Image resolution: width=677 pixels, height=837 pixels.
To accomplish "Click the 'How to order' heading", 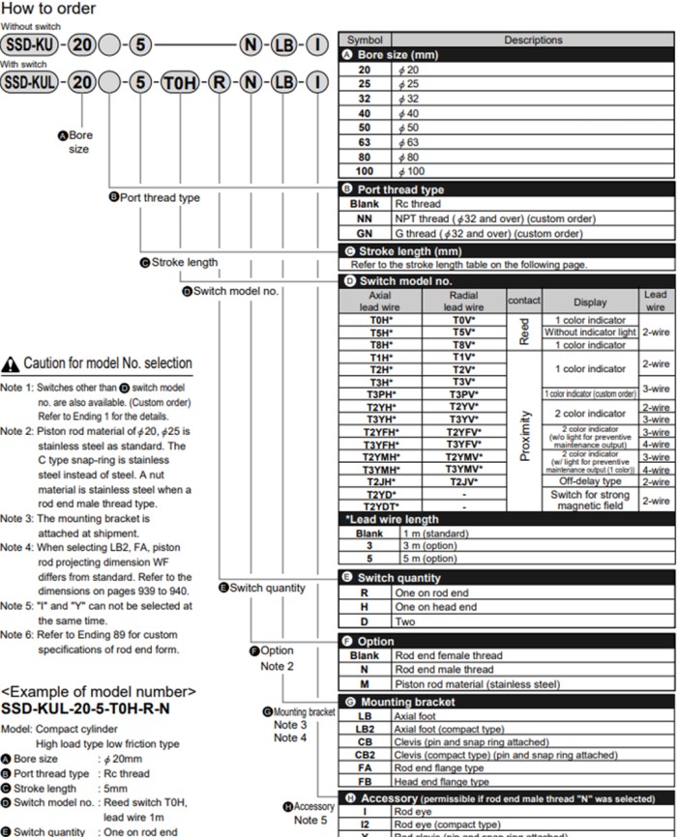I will coord(48,9).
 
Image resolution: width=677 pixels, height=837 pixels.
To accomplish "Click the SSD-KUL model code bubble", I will coord(30,82).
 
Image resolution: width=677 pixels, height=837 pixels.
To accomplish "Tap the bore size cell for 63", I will coord(364,141).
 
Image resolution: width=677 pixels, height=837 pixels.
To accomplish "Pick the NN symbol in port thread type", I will coord(364,218).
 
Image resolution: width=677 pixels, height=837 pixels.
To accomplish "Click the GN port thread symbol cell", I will coord(364,233).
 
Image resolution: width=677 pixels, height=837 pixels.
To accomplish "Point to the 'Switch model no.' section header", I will coord(405,280).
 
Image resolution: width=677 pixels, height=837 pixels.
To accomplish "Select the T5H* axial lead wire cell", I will coord(378,332).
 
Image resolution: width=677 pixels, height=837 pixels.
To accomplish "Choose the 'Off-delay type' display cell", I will coord(589,480).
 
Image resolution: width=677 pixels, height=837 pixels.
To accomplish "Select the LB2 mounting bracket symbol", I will coord(364,729).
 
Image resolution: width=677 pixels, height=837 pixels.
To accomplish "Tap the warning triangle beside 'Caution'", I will coord(11,364).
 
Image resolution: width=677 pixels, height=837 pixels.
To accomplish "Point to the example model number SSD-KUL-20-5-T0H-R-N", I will coord(86,708).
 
